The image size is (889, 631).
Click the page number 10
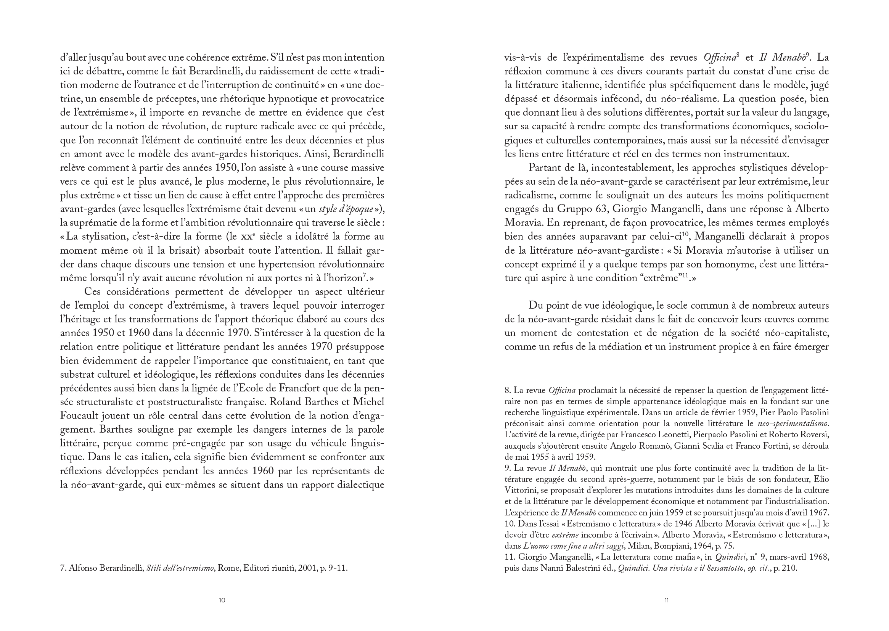point(222,600)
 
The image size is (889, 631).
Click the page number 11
point(666,600)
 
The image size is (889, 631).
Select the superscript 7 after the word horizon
point(365,276)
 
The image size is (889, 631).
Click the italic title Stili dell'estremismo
point(180,568)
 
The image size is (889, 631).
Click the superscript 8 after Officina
point(738,55)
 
